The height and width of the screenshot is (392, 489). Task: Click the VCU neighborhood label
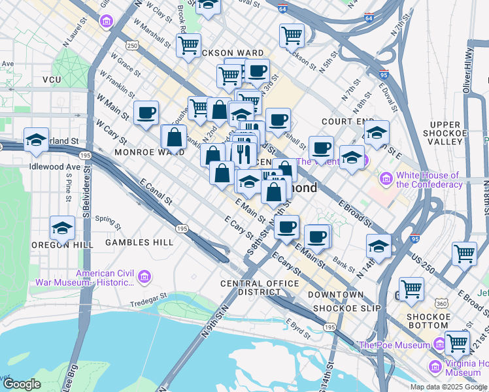pos(52,80)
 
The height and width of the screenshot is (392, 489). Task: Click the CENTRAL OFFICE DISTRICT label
pos(260,287)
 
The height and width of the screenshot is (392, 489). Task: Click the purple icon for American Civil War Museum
pos(144,278)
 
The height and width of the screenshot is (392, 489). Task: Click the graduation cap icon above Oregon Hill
pos(62,228)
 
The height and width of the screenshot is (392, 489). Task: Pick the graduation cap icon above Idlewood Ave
pos(36,139)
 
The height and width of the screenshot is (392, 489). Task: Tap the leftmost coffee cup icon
pos(146,112)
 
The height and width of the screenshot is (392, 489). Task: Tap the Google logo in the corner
pos(22,384)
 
